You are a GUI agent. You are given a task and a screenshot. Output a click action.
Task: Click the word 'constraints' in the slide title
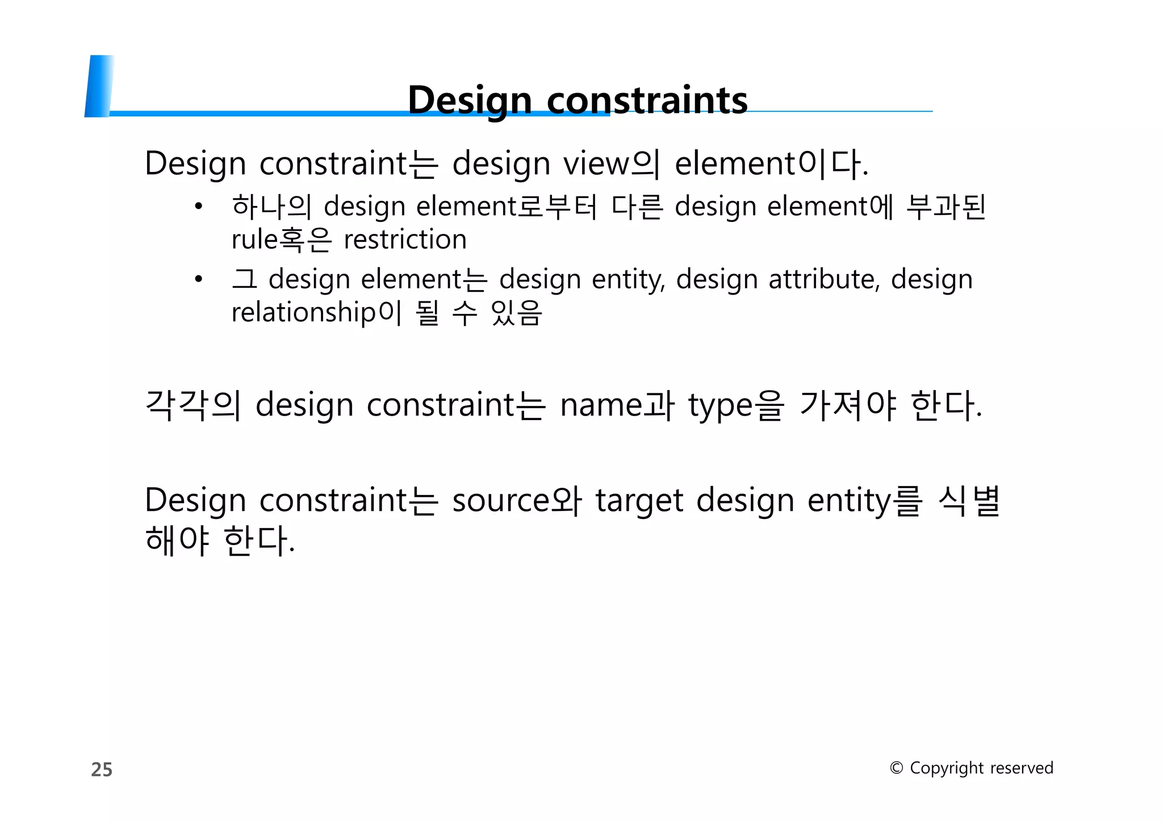coord(647,100)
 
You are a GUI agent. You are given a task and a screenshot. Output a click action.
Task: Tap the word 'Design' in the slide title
coord(470,100)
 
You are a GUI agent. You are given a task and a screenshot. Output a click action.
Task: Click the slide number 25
coord(102,769)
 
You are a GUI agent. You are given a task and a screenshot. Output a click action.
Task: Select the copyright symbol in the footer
coord(896,768)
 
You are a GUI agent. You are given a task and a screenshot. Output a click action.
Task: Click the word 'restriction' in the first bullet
coord(405,239)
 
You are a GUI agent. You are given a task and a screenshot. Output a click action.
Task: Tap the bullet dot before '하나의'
coord(198,207)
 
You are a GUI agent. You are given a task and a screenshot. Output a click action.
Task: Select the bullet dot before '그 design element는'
coord(198,279)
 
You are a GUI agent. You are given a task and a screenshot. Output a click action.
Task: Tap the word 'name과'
coord(617,405)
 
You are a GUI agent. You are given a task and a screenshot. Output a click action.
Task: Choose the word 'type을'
coord(737,405)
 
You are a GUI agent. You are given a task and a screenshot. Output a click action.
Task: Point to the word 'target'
coord(639,501)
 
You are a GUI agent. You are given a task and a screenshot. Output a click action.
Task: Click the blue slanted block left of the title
coord(99,86)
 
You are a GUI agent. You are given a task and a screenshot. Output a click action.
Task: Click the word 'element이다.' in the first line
coord(771,163)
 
